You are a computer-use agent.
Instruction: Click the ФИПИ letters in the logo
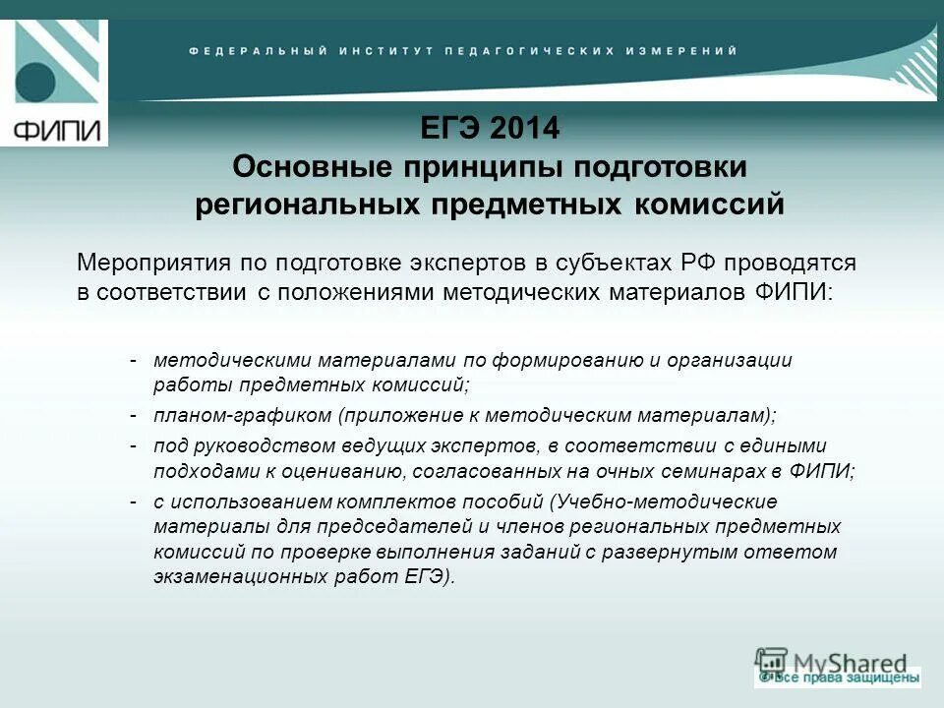(54, 130)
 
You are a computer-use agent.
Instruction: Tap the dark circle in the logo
(36, 82)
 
